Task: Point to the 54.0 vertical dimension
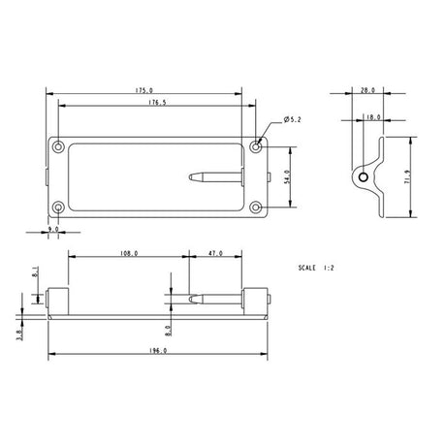click(286, 177)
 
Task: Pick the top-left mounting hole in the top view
click(58, 146)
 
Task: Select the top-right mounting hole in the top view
click(256, 146)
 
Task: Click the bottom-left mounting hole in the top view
click(58, 207)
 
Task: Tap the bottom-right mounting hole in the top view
click(256, 207)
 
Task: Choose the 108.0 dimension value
click(127, 253)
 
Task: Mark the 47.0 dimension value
click(216, 253)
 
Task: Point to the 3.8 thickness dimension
click(20, 331)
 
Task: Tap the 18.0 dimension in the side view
click(372, 117)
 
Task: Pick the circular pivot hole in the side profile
click(363, 178)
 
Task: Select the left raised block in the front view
click(57, 302)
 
